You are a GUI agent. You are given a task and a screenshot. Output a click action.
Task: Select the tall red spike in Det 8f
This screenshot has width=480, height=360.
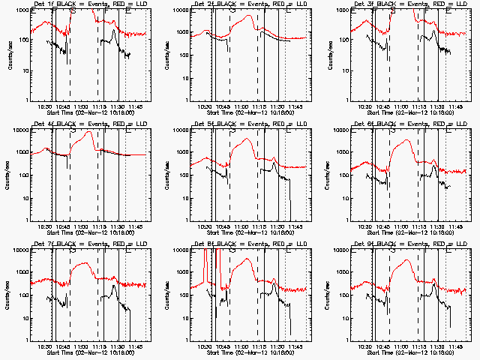[x=205, y=255]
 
